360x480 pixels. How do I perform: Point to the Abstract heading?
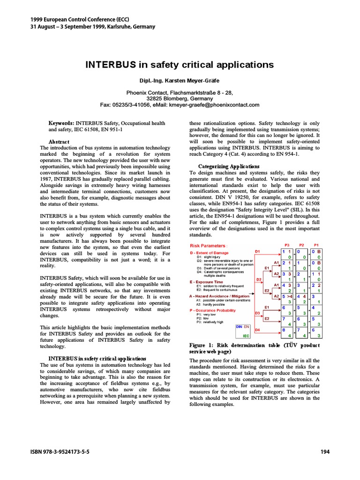59,142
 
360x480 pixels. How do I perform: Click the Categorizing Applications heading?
228,166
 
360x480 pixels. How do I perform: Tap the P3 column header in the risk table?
287,245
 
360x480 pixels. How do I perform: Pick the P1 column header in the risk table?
316,245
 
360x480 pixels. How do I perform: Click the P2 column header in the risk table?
301,245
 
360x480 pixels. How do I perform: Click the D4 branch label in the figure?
257,330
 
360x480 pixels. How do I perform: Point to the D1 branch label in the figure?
257,252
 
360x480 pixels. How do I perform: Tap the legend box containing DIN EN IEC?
243,331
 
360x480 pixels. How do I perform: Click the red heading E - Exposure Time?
206,282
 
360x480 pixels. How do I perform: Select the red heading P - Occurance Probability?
212,310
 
